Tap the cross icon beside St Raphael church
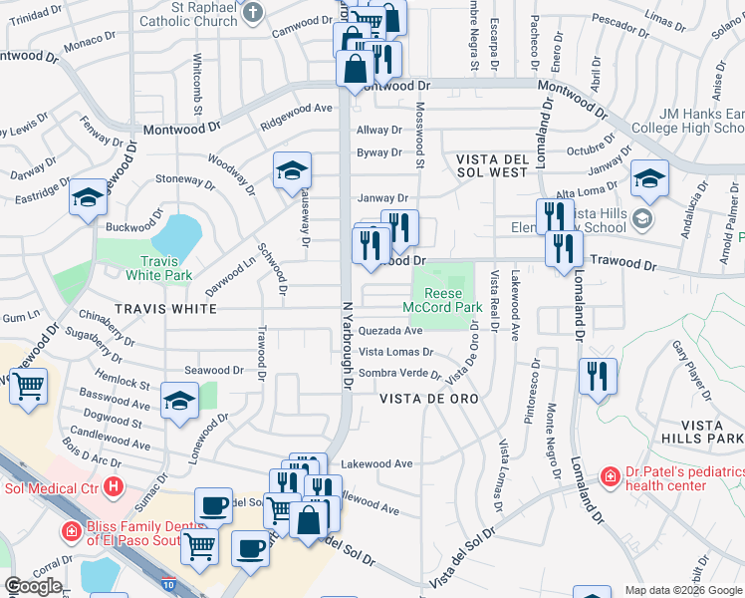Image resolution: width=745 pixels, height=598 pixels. click(254, 12)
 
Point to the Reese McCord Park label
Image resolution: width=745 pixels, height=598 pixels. click(442, 300)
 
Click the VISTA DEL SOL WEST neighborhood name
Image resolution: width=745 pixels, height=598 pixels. click(505, 166)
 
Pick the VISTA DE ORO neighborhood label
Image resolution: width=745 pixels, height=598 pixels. click(429, 399)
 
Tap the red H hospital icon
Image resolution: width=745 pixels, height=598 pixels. click(114, 487)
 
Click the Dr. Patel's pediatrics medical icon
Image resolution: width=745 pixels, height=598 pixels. click(609, 478)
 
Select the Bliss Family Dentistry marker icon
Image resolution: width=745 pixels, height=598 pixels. click(70, 531)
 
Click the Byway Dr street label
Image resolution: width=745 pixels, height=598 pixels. click(378, 152)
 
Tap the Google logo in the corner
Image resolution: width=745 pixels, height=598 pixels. click(33, 587)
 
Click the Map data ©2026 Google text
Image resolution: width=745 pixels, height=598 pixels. click(682, 590)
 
